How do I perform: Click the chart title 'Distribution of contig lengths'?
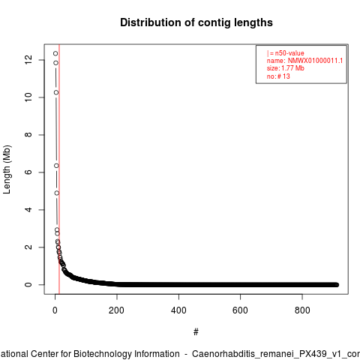pos(196,22)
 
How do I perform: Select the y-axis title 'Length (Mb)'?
pos(7,169)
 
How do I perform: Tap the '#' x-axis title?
pos(196,332)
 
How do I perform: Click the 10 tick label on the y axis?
pos(28,97)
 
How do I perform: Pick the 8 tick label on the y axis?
pos(28,135)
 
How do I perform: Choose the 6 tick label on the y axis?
pos(28,172)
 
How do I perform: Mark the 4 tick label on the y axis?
pos(28,209)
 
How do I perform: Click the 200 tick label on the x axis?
pos(116,310)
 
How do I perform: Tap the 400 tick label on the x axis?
pos(178,310)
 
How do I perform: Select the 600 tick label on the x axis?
pos(240,310)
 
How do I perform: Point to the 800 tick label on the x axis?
pos(302,310)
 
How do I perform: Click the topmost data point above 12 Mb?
pos(55,53)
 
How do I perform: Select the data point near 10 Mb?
pos(56,92)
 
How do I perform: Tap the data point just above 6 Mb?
pos(56,166)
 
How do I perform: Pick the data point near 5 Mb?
pos(57,193)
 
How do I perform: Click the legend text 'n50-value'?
pos(289,53)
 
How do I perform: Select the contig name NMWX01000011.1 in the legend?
pos(315,61)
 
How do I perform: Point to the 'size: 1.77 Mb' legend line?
pos(286,68)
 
